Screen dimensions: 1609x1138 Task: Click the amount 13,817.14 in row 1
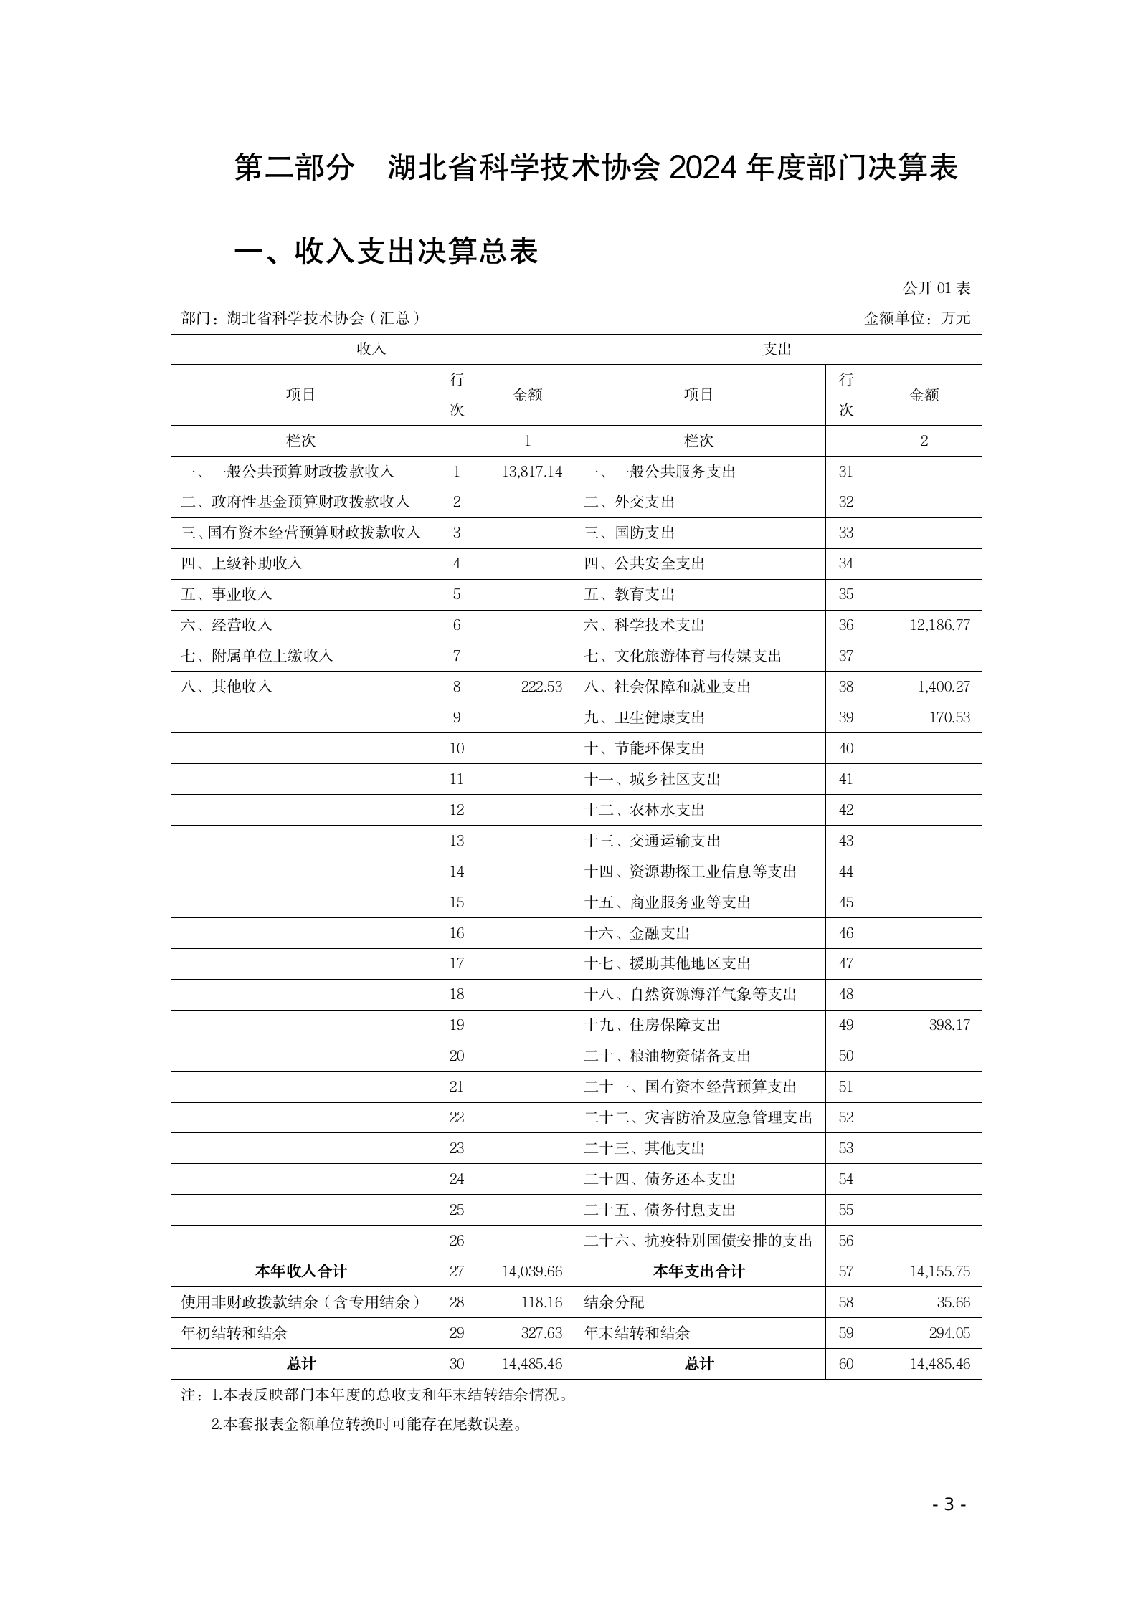[x=531, y=472]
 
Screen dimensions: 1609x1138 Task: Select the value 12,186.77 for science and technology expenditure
[x=939, y=625]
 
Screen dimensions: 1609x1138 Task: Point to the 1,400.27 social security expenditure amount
[x=943, y=687]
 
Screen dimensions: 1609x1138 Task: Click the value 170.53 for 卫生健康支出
[x=949, y=717]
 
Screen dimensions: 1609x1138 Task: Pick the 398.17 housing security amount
[x=949, y=1025]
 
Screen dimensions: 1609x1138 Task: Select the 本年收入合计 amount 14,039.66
[x=531, y=1271]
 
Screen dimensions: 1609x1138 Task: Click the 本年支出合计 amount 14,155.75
[x=939, y=1271]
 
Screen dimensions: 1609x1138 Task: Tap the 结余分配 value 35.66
[x=953, y=1302]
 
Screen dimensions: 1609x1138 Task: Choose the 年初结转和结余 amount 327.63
[x=541, y=1333]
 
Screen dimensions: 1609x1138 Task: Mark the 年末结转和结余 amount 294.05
[x=949, y=1333]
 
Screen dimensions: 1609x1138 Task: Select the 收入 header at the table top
[x=371, y=349]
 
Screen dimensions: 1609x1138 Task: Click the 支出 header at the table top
[x=777, y=349]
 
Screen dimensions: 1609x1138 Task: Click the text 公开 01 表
[x=936, y=288]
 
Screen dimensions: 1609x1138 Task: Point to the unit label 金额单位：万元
[x=917, y=318]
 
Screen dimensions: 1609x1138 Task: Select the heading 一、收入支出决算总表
[x=387, y=252]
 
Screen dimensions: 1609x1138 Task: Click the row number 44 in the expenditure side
[x=846, y=872]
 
